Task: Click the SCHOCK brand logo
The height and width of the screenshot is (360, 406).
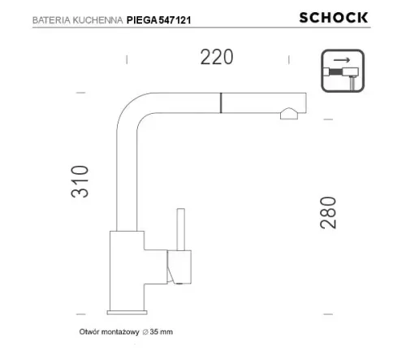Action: point(345,18)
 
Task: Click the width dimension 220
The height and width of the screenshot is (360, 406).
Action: point(217,57)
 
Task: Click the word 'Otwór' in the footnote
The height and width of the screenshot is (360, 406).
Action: point(90,332)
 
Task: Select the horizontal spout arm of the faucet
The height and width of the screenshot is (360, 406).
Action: point(219,104)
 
